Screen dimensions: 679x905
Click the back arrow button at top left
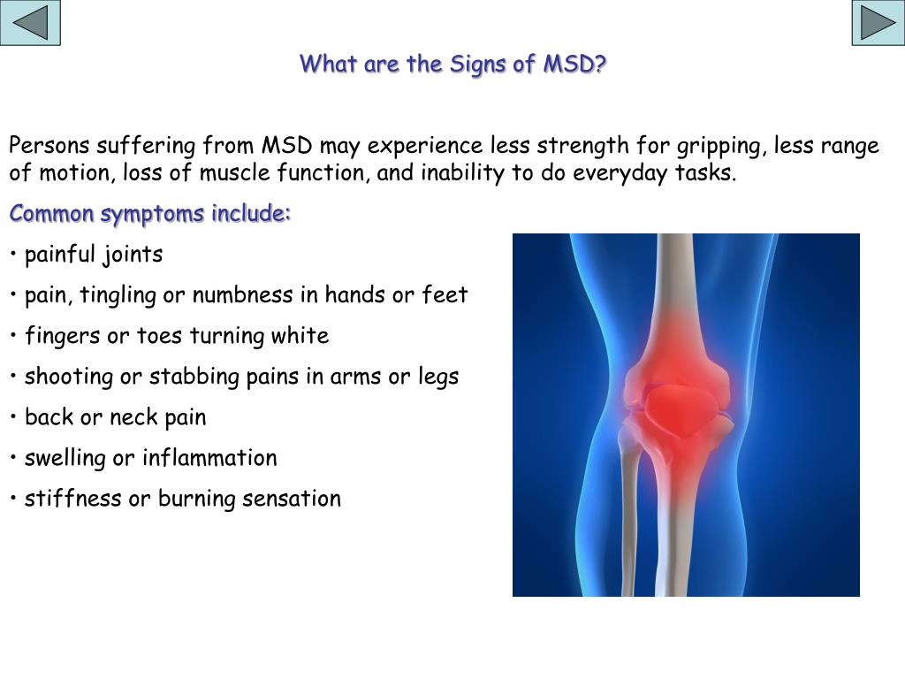click(30, 24)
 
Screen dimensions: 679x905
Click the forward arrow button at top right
click(878, 24)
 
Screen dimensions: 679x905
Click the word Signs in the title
click(478, 65)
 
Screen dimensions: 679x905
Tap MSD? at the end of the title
click(575, 65)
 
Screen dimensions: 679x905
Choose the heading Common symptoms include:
click(150, 214)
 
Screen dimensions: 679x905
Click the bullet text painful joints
click(94, 255)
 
